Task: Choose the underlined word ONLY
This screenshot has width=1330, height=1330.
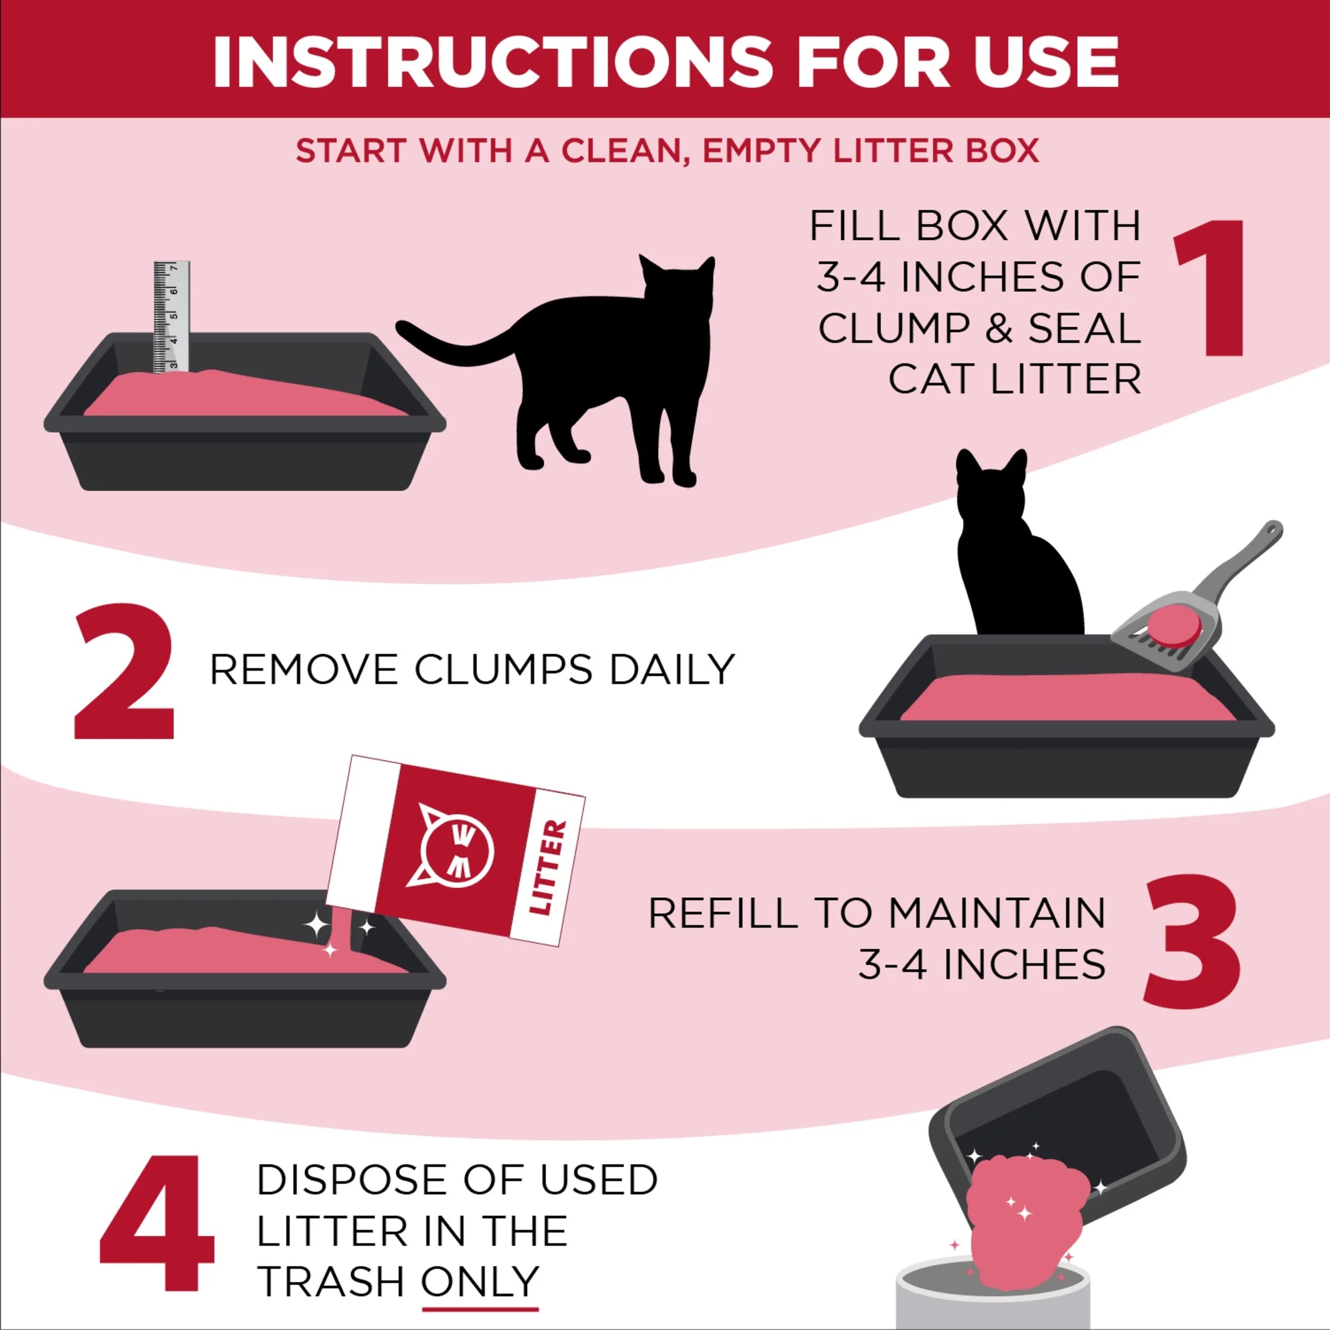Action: pyautogui.click(x=480, y=1282)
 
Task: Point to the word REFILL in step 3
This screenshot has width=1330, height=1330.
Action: pyautogui.click(x=723, y=914)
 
